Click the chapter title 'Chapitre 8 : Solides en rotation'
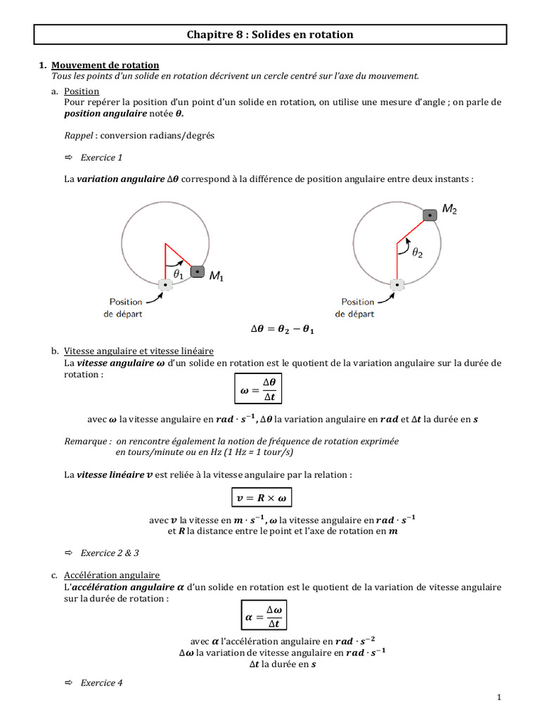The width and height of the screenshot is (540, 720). [x=269, y=34]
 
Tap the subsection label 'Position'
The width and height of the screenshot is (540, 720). [x=82, y=91]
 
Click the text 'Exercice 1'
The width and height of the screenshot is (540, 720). [x=102, y=157]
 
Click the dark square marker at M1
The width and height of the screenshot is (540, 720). [x=198, y=272]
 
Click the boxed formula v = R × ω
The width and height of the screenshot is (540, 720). [x=261, y=498]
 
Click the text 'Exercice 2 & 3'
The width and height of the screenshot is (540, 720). [x=110, y=553]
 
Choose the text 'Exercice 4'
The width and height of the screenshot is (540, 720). [x=102, y=683]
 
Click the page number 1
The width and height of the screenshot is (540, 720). [x=499, y=697]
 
